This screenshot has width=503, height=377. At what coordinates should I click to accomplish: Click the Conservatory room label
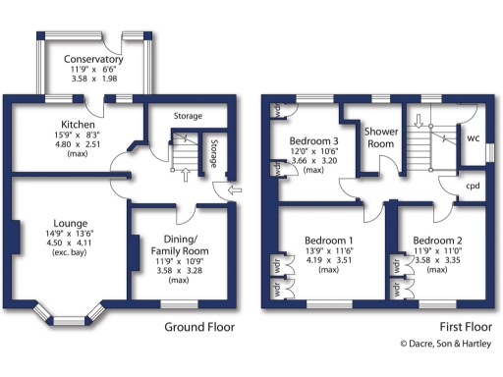click(96, 59)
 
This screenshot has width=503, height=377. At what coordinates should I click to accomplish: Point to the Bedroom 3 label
click(313, 142)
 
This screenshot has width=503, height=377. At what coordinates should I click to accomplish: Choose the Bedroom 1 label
click(329, 241)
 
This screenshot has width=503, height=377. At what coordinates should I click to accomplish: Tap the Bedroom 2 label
click(437, 241)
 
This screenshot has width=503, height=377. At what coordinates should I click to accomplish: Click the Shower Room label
click(379, 136)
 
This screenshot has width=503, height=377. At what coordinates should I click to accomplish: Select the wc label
click(473, 138)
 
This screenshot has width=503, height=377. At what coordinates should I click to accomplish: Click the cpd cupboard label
click(472, 186)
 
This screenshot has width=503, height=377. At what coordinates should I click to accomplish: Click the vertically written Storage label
click(213, 153)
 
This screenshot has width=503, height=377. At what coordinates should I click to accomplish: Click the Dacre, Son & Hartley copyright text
click(444, 343)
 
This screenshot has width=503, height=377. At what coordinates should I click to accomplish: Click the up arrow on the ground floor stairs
click(186, 174)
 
